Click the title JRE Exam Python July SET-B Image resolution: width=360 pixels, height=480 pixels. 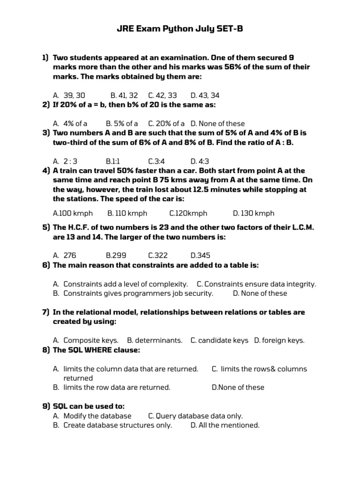180,30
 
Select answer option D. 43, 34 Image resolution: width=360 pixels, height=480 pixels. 205,96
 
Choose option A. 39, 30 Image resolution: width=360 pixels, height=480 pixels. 69,96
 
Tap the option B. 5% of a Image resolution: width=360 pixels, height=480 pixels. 122,124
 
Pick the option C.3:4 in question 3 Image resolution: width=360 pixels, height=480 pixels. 157,162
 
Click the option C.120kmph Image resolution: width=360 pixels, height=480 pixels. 188,213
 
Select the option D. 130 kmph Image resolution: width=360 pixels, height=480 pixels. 254,213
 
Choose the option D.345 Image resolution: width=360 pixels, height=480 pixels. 200,255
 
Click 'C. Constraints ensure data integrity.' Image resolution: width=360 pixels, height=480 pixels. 256,284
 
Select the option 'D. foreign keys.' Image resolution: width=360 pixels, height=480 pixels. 279,340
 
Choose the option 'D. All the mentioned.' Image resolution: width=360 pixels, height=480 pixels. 225,425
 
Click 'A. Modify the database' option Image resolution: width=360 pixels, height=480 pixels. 92,416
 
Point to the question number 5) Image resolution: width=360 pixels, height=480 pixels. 46,227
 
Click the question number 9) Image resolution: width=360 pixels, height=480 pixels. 46,406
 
